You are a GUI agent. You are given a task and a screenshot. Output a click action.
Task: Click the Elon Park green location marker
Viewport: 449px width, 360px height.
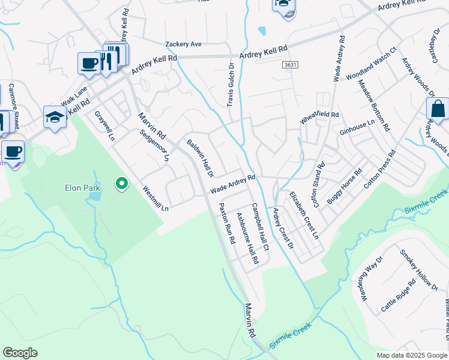point(122,184)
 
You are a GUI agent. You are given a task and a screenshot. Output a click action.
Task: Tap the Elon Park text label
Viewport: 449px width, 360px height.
point(82,188)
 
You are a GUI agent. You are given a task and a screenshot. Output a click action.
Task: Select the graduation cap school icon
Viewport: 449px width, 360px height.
point(55,118)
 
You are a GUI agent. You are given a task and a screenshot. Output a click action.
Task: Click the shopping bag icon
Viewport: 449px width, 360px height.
point(438,110)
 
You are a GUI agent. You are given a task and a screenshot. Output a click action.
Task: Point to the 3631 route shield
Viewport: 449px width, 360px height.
point(290,64)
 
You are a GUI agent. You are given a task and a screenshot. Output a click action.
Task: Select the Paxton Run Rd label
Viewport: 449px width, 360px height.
point(226,223)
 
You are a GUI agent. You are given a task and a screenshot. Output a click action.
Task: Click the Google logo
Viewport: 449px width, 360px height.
point(20,353)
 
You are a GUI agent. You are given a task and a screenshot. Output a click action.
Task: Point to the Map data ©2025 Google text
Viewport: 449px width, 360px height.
point(412,355)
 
